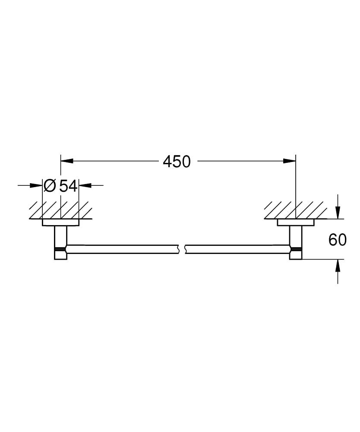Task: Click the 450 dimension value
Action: [177, 162]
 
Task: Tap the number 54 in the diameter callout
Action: [68, 186]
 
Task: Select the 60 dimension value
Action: [338, 240]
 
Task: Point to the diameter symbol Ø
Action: [50, 186]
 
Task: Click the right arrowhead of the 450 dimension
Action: [290, 161]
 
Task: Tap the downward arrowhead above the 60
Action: [338, 213]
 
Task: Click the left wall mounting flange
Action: [60, 223]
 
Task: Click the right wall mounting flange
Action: [296, 223]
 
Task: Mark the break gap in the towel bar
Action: [181, 249]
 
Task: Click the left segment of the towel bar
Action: [121, 249]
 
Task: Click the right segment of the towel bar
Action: [237, 249]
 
